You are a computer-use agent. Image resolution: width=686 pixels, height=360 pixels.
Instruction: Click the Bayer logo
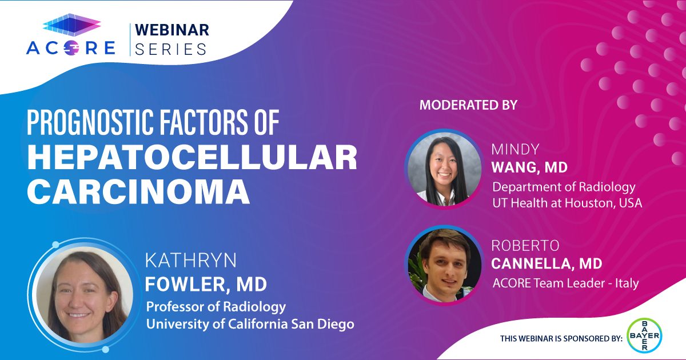(x=645, y=335)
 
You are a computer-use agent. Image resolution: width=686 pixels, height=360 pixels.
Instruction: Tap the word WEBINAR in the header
(x=172, y=30)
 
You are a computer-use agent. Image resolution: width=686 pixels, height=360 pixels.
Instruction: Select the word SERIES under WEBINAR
(x=171, y=49)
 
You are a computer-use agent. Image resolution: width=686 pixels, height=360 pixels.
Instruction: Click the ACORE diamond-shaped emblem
(x=72, y=25)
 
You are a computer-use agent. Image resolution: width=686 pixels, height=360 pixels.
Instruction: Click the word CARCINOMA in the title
(x=138, y=191)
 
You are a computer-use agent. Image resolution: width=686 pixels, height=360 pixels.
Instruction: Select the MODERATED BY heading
(x=468, y=105)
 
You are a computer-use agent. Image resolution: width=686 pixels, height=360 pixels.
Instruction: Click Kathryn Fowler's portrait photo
(x=84, y=295)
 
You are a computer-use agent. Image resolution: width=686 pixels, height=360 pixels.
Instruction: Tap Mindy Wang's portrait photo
(x=444, y=169)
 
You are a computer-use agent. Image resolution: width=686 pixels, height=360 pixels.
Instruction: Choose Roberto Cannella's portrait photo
(x=444, y=266)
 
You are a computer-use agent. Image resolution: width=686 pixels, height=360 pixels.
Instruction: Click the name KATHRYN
(x=191, y=261)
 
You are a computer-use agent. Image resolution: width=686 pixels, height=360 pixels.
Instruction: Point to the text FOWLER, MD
(x=206, y=284)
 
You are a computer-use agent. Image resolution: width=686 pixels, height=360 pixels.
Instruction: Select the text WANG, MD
(x=529, y=167)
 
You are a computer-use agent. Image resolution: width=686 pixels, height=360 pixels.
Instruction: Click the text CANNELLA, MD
(x=547, y=263)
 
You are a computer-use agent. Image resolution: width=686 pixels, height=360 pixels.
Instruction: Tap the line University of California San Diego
(x=250, y=324)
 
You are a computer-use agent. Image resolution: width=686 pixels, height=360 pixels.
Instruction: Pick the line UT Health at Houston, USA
(x=567, y=203)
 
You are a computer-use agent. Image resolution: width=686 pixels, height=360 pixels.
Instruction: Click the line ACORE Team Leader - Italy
(x=565, y=283)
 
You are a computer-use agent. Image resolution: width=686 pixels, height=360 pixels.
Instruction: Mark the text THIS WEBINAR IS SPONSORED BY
(x=561, y=338)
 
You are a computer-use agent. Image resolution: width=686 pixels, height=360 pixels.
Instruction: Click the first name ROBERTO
(x=525, y=246)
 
